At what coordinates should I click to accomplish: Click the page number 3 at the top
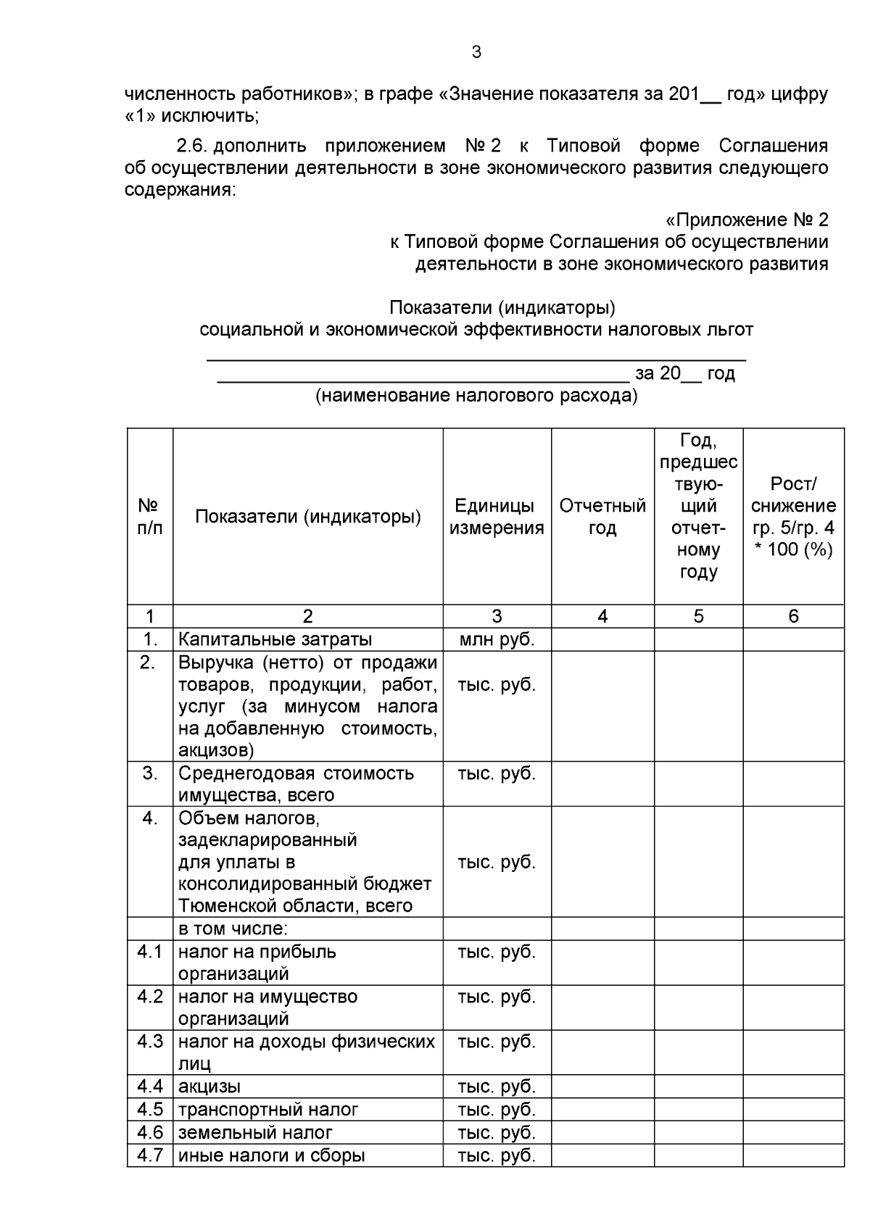click(476, 52)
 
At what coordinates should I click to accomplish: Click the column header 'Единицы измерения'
click(497, 517)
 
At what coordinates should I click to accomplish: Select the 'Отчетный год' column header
click(602, 517)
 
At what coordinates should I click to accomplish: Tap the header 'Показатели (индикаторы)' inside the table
click(307, 517)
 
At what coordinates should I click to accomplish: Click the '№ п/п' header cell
click(149, 517)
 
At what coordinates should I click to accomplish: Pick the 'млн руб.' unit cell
click(497, 639)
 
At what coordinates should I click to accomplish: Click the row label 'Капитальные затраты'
click(275, 639)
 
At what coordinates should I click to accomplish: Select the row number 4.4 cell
click(149, 1086)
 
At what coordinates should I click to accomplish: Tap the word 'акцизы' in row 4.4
click(210, 1086)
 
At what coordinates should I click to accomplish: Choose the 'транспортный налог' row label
click(268, 1110)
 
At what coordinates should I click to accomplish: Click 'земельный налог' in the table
click(255, 1132)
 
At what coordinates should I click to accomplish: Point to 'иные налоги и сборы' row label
click(271, 1155)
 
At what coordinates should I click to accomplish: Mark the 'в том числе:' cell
click(233, 928)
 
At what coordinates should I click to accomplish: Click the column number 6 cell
click(793, 616)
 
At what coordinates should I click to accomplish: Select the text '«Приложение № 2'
click(746, 220)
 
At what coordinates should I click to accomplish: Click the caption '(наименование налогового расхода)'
click(476, 396)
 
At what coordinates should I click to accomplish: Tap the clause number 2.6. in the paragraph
click(193, 146)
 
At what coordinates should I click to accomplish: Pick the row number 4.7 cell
click(149, 1155)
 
